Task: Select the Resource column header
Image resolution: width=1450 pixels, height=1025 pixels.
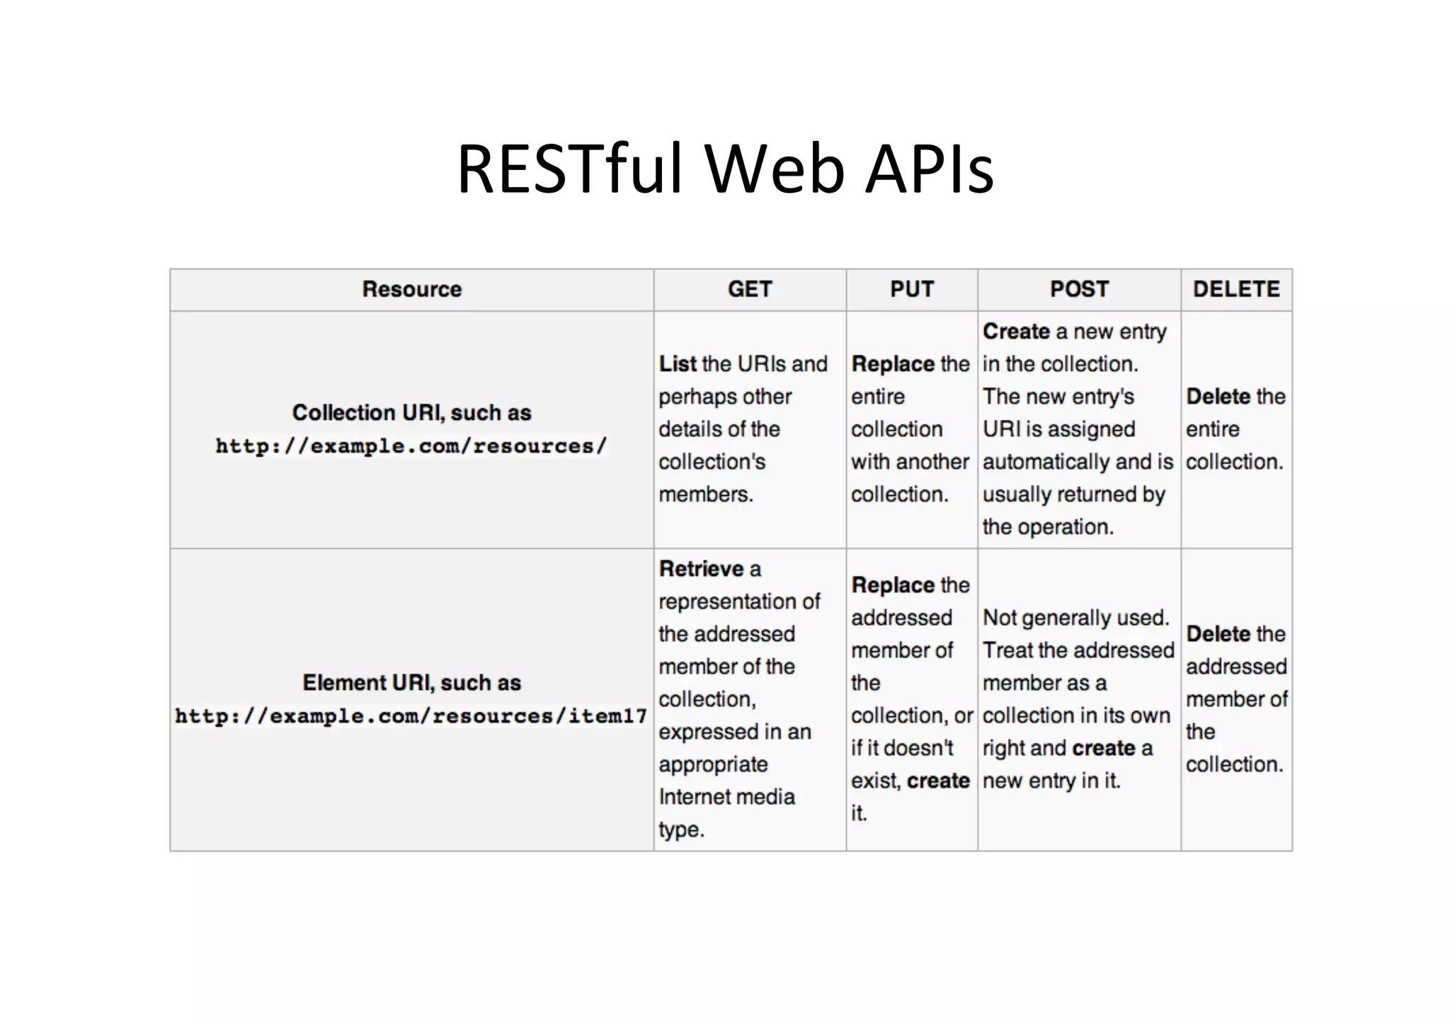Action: tap(411, 289)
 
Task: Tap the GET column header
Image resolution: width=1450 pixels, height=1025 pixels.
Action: tap(750, 289)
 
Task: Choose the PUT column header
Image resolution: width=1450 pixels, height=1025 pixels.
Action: tap(912, 289)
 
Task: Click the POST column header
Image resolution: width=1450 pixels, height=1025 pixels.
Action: tap(1079, 289)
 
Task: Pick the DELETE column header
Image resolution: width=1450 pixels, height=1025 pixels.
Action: tap(1236, 289)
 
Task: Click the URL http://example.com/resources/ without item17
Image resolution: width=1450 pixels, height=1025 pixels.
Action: tap(411, 446)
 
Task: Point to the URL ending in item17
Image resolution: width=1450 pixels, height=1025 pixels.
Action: tap(411, 716)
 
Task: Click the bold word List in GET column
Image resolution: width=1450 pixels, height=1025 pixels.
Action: tap(678, 364)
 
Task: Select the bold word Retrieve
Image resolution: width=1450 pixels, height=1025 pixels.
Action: tap(701, 569)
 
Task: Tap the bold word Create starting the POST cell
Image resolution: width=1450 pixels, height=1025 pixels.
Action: tap(1016, 332)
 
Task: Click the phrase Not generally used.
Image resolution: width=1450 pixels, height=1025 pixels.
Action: tap(1075, 618)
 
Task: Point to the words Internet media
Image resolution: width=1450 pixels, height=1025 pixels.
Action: tap(726, 797)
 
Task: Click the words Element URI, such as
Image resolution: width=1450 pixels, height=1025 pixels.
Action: tap(411, 683)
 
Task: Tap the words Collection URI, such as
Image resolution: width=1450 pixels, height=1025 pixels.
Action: tap(411, 413)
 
